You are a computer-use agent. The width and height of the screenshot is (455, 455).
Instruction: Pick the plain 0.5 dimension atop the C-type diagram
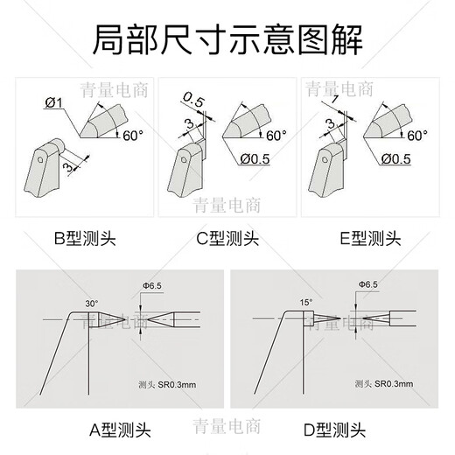coord(194,102)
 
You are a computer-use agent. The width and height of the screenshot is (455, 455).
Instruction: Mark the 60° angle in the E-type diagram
coord(416,136)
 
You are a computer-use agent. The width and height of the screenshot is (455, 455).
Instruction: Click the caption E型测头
coord(368,238)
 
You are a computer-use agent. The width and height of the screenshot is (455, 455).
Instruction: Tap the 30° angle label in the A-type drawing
coord(92,303)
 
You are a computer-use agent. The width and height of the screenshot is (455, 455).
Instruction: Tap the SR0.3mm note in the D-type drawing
coord(385,384)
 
